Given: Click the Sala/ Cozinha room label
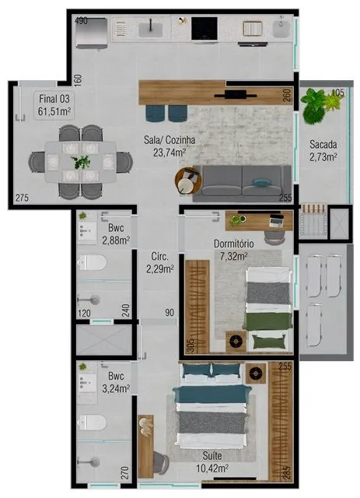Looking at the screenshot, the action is pos(170,146).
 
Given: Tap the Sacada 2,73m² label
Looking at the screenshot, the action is pos(323,150).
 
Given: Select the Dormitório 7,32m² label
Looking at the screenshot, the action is pos(234,250).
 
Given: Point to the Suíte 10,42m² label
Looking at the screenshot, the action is pos(212,462).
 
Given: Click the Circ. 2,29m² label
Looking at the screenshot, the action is pos(160,263).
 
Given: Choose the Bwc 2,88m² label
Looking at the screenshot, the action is pos(116,234).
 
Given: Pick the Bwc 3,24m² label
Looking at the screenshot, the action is pos(116,382).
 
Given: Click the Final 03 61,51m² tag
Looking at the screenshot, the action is pos(54,105).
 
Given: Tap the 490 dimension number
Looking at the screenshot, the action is pos(81,21).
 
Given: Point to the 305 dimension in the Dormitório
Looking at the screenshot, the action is pos(190,345).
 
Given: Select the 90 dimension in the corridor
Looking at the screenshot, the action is pos(170,313).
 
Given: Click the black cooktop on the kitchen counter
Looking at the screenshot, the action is pos(204,29).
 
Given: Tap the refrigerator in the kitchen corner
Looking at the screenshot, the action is pos(92,33).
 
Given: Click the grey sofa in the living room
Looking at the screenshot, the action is pos(242,184).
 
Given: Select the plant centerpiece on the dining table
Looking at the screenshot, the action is pos(82,162).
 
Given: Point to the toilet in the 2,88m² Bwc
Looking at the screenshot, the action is pos(92,263).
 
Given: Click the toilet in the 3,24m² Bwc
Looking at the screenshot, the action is pos(92,423).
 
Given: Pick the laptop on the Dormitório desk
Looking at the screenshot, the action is pos(277,220).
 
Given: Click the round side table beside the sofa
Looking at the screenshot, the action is pos(187,181).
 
